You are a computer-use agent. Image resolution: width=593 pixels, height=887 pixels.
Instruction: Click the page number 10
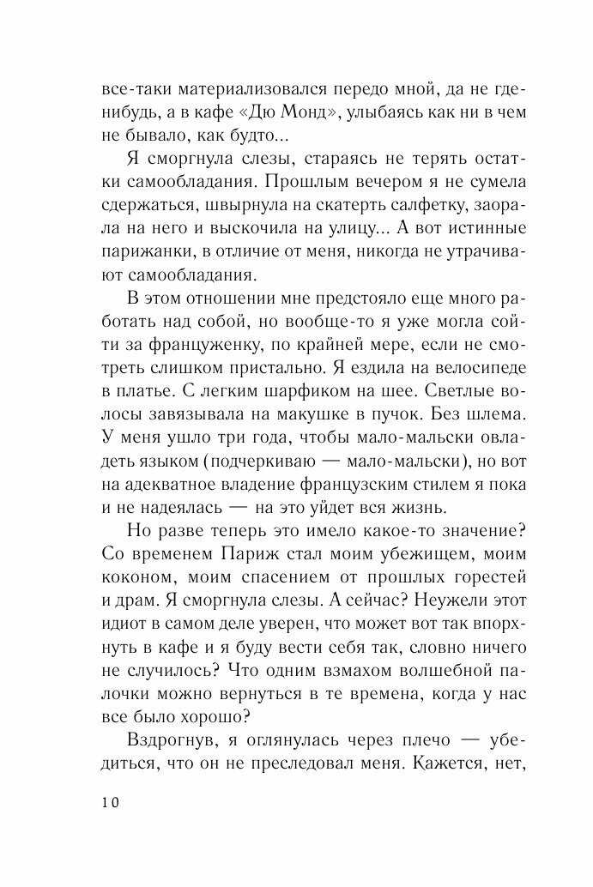coord(112,803)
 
